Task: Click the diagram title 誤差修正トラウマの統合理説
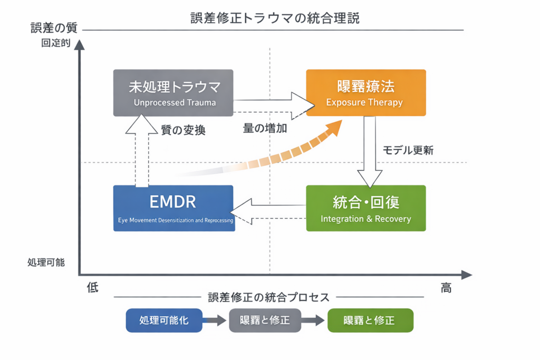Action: coord(275,19)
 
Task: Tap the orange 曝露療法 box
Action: coord(365,92)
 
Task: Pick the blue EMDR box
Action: coord(173,208)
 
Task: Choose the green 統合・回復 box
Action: coord(365,208)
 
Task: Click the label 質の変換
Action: coord(182,130)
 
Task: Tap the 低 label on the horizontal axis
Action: coord(93,288)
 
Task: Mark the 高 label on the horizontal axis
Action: coord(446,288)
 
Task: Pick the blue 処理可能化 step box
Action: coord(164,320)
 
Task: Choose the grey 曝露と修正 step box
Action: coord(265,320)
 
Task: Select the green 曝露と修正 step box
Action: coord(370,320)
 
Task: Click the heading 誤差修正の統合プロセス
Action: coord(268,297)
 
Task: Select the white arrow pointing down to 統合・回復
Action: coord(370,153)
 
